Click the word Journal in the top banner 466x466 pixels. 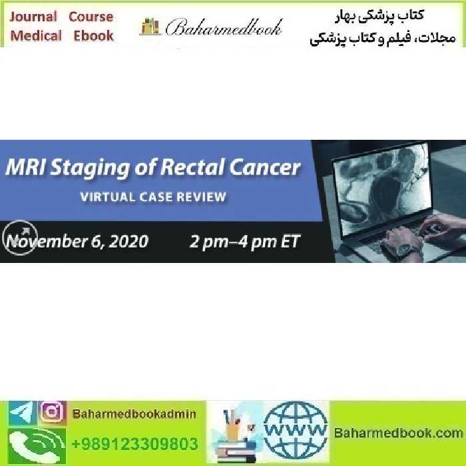33,17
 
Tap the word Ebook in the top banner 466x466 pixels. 94,36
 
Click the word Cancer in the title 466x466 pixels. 266,167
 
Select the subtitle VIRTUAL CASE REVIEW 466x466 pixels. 152,197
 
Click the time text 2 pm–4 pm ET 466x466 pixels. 244,241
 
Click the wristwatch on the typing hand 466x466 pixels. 408,252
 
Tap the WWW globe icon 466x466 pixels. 296,432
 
